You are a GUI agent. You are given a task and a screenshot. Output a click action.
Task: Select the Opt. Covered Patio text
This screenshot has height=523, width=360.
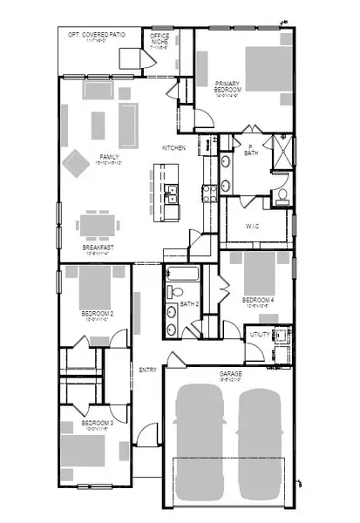[98, 35]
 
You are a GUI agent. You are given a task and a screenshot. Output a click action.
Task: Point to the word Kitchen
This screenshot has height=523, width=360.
[173, 148]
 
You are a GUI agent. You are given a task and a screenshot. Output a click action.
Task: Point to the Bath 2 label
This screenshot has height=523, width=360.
[191, 304]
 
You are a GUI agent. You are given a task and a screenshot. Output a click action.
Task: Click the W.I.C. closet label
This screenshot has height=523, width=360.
[253, 225]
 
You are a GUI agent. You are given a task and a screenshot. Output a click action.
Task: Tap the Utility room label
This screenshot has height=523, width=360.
[259, 334]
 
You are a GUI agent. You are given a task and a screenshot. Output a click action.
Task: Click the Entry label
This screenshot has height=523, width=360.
[148, 370]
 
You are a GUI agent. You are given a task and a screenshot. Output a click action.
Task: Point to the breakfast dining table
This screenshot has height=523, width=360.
[95, 225]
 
